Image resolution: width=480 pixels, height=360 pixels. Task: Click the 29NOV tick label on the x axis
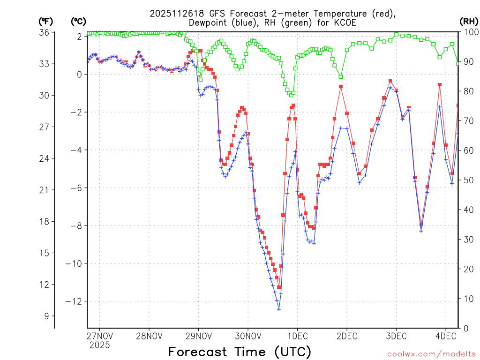198,336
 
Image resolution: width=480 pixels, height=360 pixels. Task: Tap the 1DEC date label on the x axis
297,336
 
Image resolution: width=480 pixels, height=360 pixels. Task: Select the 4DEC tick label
446,336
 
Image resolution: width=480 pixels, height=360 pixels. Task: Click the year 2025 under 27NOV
99,345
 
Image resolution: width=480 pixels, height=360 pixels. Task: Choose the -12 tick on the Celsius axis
75,301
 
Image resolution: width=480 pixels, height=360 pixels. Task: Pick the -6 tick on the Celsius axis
76,188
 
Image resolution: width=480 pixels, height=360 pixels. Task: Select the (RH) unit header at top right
469,21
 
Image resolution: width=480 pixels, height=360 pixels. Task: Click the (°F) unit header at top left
46,21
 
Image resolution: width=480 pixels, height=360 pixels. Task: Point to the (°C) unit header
78,21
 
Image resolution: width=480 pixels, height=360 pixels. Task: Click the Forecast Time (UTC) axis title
240,352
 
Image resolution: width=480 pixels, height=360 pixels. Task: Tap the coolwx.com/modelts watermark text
431,354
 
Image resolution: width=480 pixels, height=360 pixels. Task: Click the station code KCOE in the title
347,22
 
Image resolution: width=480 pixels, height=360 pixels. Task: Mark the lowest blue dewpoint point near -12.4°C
279,309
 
